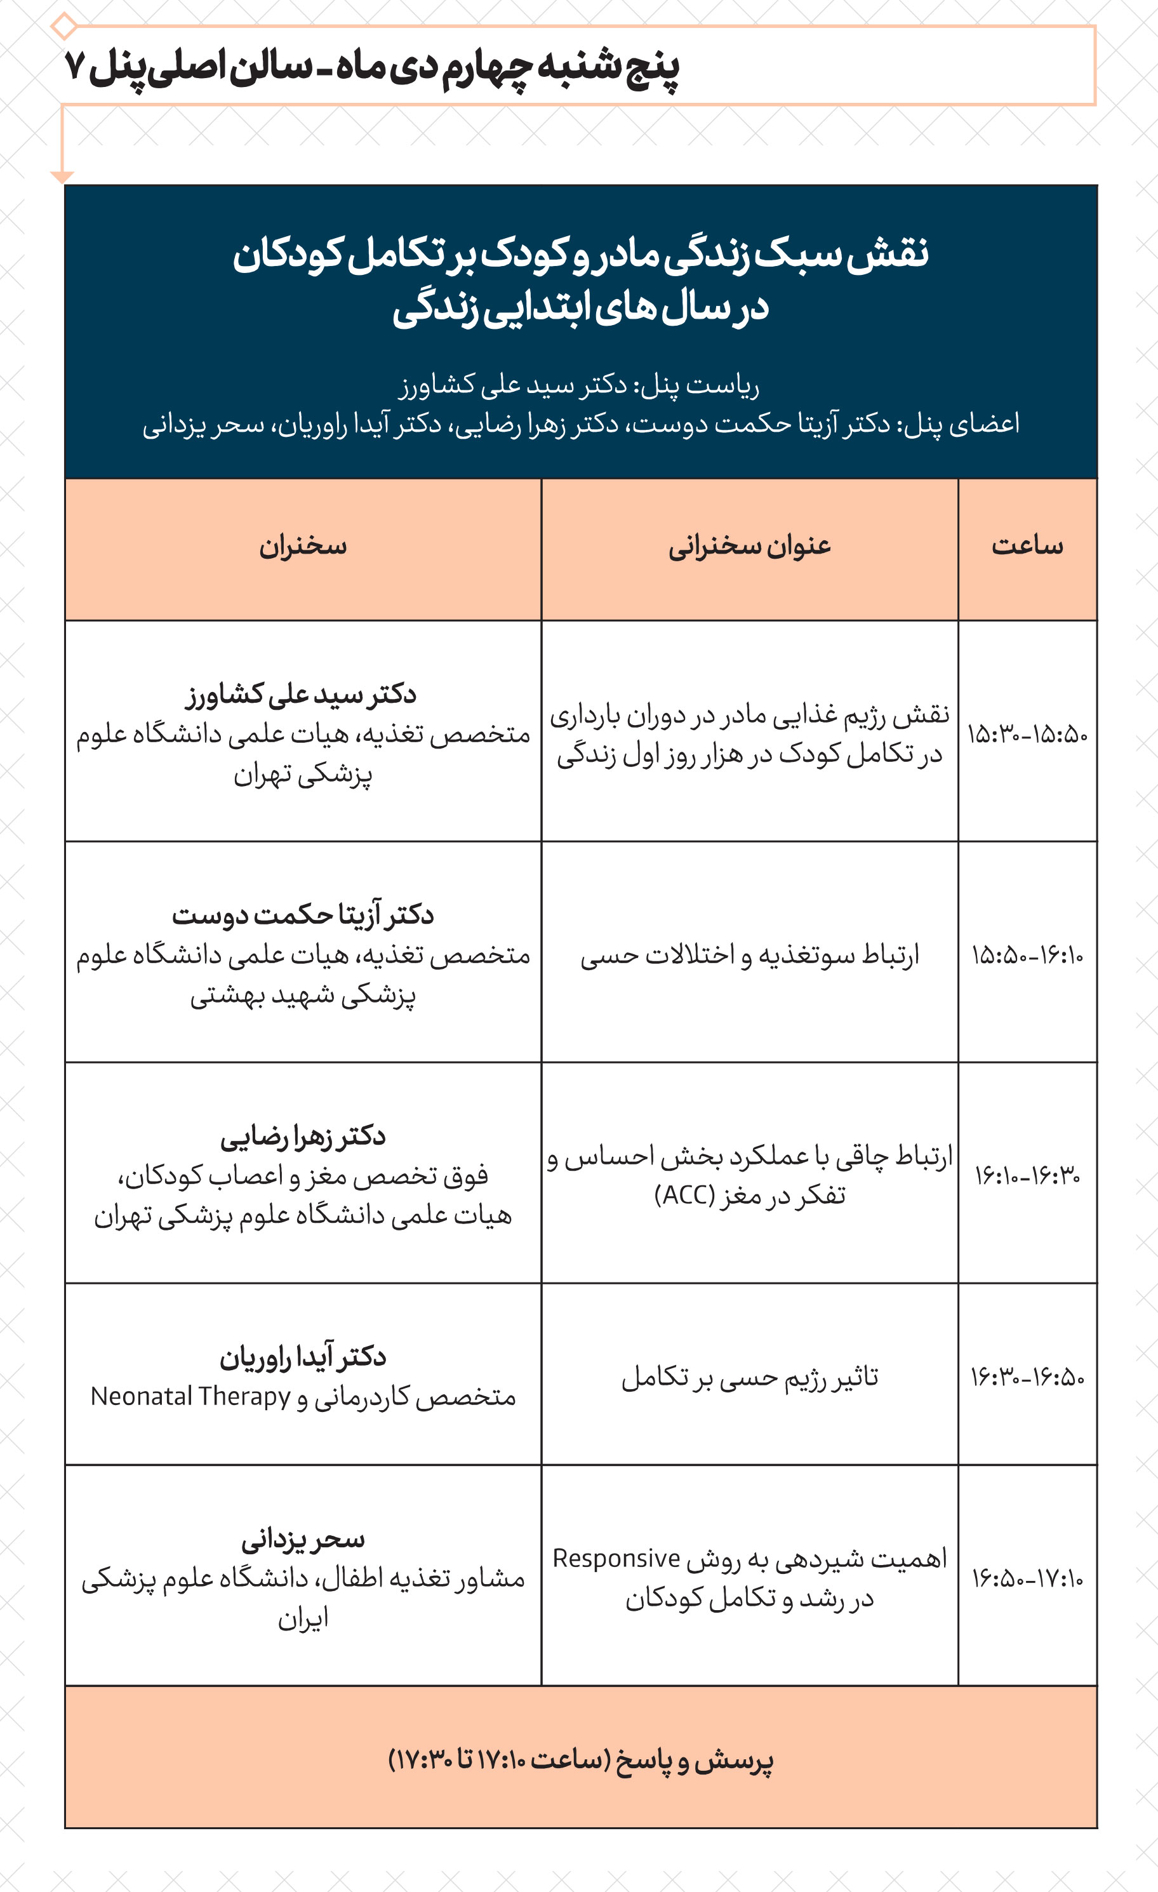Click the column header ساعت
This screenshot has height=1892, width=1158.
point(1027,546)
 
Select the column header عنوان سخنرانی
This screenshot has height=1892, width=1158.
point(750,546)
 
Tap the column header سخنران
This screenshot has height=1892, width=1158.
point(303,546)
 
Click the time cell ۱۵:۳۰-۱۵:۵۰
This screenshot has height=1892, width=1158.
point(1027,735)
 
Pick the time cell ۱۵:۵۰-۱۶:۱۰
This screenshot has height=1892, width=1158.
point(1027,956)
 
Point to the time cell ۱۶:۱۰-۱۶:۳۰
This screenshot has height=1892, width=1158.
point(1027,1176)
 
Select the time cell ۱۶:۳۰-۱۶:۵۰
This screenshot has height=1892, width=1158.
point(1027,1378)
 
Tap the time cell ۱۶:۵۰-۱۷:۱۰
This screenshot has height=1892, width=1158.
point(1027,1579)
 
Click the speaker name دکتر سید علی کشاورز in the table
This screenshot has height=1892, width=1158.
point(301,694)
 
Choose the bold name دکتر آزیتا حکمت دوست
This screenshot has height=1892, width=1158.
point(303,914)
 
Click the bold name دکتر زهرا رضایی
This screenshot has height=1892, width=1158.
point(303,1136)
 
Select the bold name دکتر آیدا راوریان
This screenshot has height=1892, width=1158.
point(303,1357)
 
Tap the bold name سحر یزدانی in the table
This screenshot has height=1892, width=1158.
point(303,1539)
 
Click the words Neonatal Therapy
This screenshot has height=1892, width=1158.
point(190,1396)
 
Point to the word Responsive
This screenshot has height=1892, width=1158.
point(616,1559)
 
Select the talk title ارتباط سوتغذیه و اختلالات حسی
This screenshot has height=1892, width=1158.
point(750,956)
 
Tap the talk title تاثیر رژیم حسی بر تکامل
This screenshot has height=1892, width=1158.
point(750,1378)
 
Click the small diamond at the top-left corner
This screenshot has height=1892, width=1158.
point(63,26)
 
